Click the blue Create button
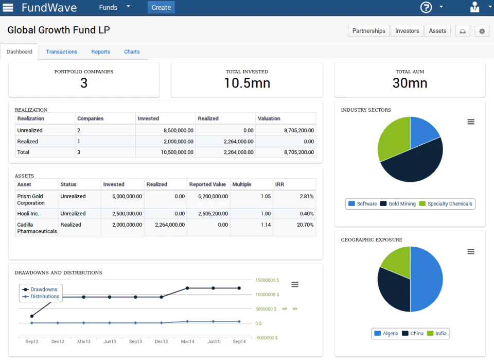click(x=161, y=7)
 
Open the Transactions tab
click(x=61, y=52)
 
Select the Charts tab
click(x=132, y=52)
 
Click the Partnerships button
click(x=368, y=31)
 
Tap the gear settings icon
click(x=482, y=31)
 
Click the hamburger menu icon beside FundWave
click(x=8, y=7)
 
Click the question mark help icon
click(x=426, y=7)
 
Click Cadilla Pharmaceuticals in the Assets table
click(x=37, y=228)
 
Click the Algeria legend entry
click(x=386, y=333)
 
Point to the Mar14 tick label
click(x=187, y=341)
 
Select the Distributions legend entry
click(x=45, y=297)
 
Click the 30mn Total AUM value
click(x=410, y=83)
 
